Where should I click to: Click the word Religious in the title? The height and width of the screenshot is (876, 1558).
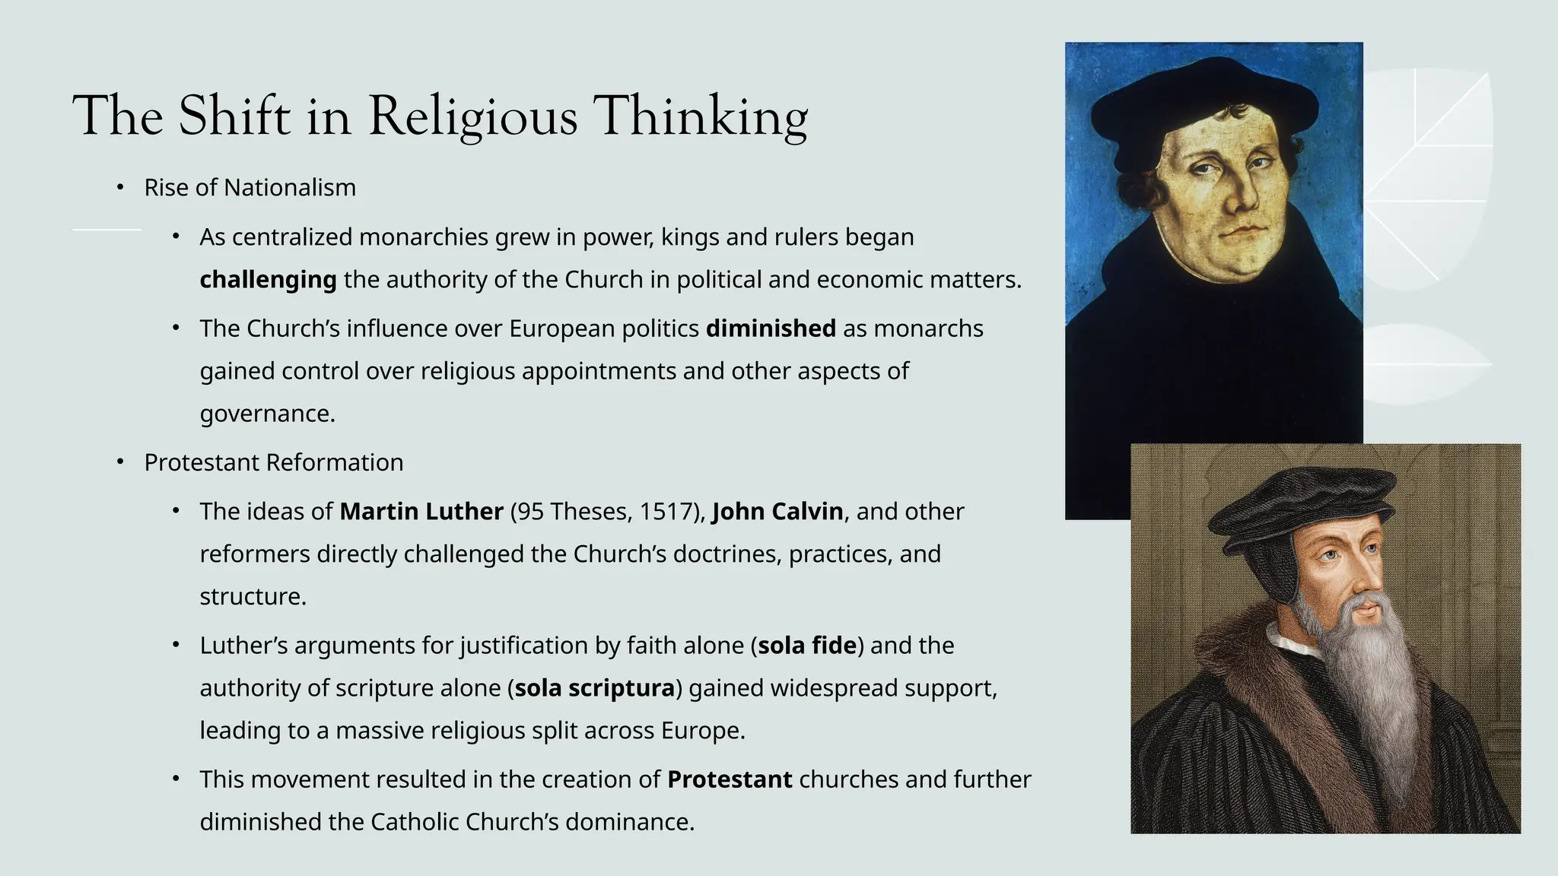pos(472,117)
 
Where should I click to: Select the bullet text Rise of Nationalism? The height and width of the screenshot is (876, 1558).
pos(250,188)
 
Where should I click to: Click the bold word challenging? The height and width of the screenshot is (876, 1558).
pos(268,280)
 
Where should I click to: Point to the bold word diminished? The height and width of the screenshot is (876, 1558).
pos(771,328)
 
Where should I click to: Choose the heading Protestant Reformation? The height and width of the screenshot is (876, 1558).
pos(274,462)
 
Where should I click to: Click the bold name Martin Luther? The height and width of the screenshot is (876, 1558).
pos(421,512)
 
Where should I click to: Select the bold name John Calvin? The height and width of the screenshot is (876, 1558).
pos(777,512)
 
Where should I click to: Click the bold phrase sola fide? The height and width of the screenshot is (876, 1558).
pos(807,646)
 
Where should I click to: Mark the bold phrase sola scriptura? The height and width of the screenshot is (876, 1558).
pos(595,688)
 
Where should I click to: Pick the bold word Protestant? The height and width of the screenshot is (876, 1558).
pos(730,779)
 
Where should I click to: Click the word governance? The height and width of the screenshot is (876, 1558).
pos(266,414)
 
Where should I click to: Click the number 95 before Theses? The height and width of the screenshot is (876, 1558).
pos(530,512)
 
